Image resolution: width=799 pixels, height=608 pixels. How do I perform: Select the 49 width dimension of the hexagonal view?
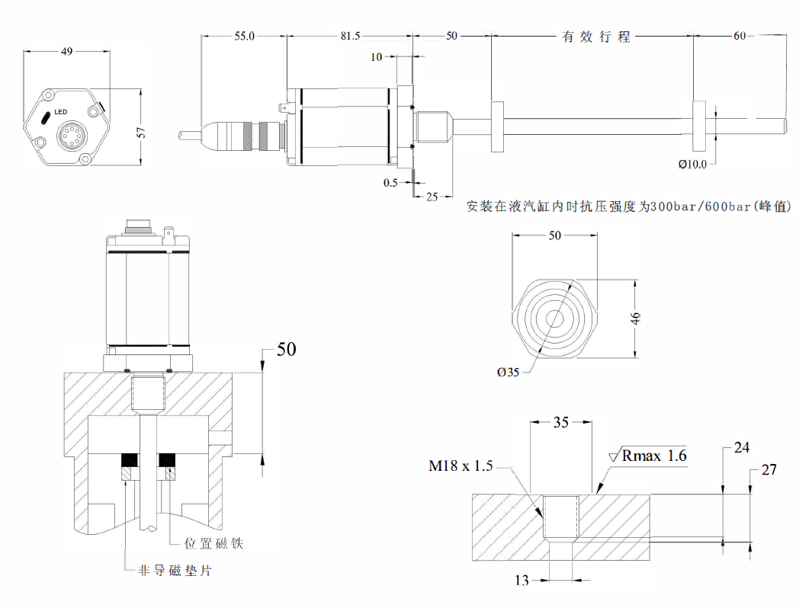click(x=66, y=51)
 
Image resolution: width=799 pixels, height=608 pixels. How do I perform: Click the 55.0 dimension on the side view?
click(x=244, y=36)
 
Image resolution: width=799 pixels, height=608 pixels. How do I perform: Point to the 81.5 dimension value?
click(x=351, y=36)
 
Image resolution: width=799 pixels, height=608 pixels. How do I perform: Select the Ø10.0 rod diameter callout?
click(x=692, y=163)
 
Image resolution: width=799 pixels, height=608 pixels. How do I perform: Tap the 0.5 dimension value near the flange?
click(x=390, y=182)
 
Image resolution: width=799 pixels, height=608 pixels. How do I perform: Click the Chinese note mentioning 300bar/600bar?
click(x=629, y=206)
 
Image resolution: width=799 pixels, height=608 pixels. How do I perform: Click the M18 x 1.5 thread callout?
click(x=461, y=466)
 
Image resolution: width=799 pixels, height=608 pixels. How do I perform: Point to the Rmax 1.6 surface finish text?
click(x=654, y=456)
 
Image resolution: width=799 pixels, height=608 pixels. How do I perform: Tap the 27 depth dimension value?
click(x=769, y=469)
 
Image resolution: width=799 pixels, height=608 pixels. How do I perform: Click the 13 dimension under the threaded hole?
click(x=521, y=581)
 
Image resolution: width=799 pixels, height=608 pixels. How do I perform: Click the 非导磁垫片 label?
click(x=172, y=570)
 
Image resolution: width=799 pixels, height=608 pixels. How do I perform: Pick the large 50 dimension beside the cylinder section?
click(x=286, y=349)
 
